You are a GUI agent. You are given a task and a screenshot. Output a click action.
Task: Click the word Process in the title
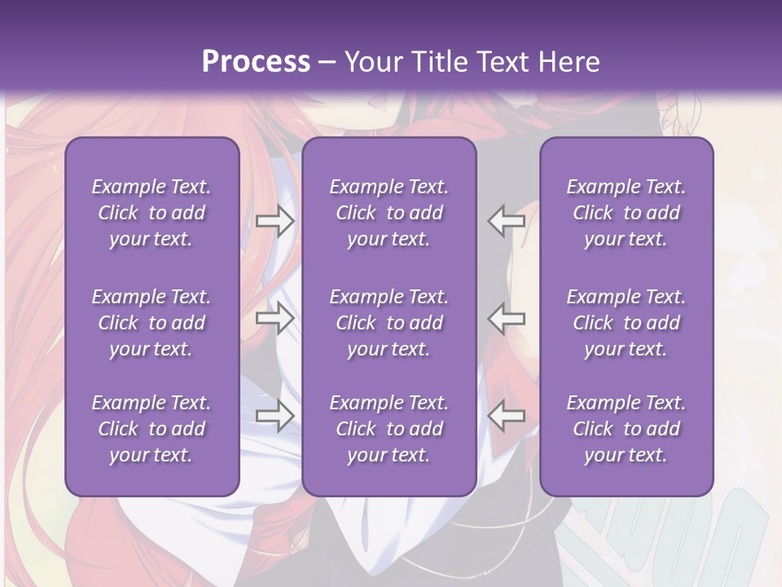[x=256, y=61]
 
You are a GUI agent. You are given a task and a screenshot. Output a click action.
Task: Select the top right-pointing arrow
[x=275, y=221]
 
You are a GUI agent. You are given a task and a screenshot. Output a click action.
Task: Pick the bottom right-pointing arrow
[x=275, y=416]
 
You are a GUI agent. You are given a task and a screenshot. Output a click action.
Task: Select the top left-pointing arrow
[x=506, y=221]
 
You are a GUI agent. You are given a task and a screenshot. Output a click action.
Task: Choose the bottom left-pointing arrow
[x=506, y=416]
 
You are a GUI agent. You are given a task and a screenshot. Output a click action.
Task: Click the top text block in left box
[x=152, y=213]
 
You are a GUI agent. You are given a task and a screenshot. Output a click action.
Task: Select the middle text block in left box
[x=152, y=323]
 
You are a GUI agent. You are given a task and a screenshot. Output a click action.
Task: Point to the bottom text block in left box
[x=152, y=429]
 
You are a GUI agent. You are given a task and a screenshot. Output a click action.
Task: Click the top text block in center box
[x=389, y=213]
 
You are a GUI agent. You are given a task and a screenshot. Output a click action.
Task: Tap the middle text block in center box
[x=389, y=323]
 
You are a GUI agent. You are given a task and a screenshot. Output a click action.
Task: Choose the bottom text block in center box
[x=389, y=429]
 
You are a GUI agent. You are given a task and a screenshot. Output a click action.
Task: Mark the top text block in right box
[x=626, y=213]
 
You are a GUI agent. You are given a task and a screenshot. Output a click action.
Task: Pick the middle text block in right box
[x=626, y=323]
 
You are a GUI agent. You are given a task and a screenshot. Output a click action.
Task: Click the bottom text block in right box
[x=626, y=429]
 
